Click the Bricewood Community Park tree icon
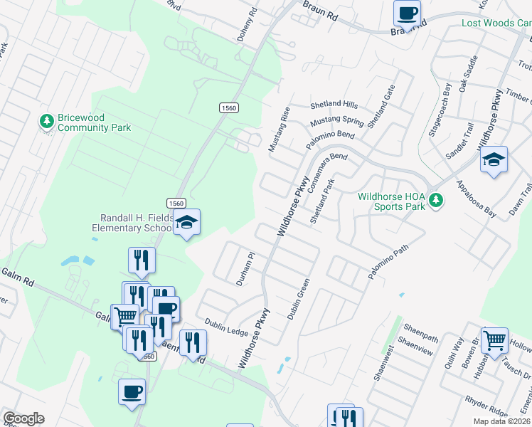(48, 122)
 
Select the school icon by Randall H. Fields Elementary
(186, 223)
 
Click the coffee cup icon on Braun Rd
(408, 13)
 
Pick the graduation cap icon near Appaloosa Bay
(494, 160)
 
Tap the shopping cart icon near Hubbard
(494, 339)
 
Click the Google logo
(23, 418)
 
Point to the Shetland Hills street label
(334, 105)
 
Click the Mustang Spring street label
(338, 122)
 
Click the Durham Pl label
(245, 268)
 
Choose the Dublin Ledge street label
(226, 327)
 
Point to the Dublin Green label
(299, 298)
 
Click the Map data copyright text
(501, 421)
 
